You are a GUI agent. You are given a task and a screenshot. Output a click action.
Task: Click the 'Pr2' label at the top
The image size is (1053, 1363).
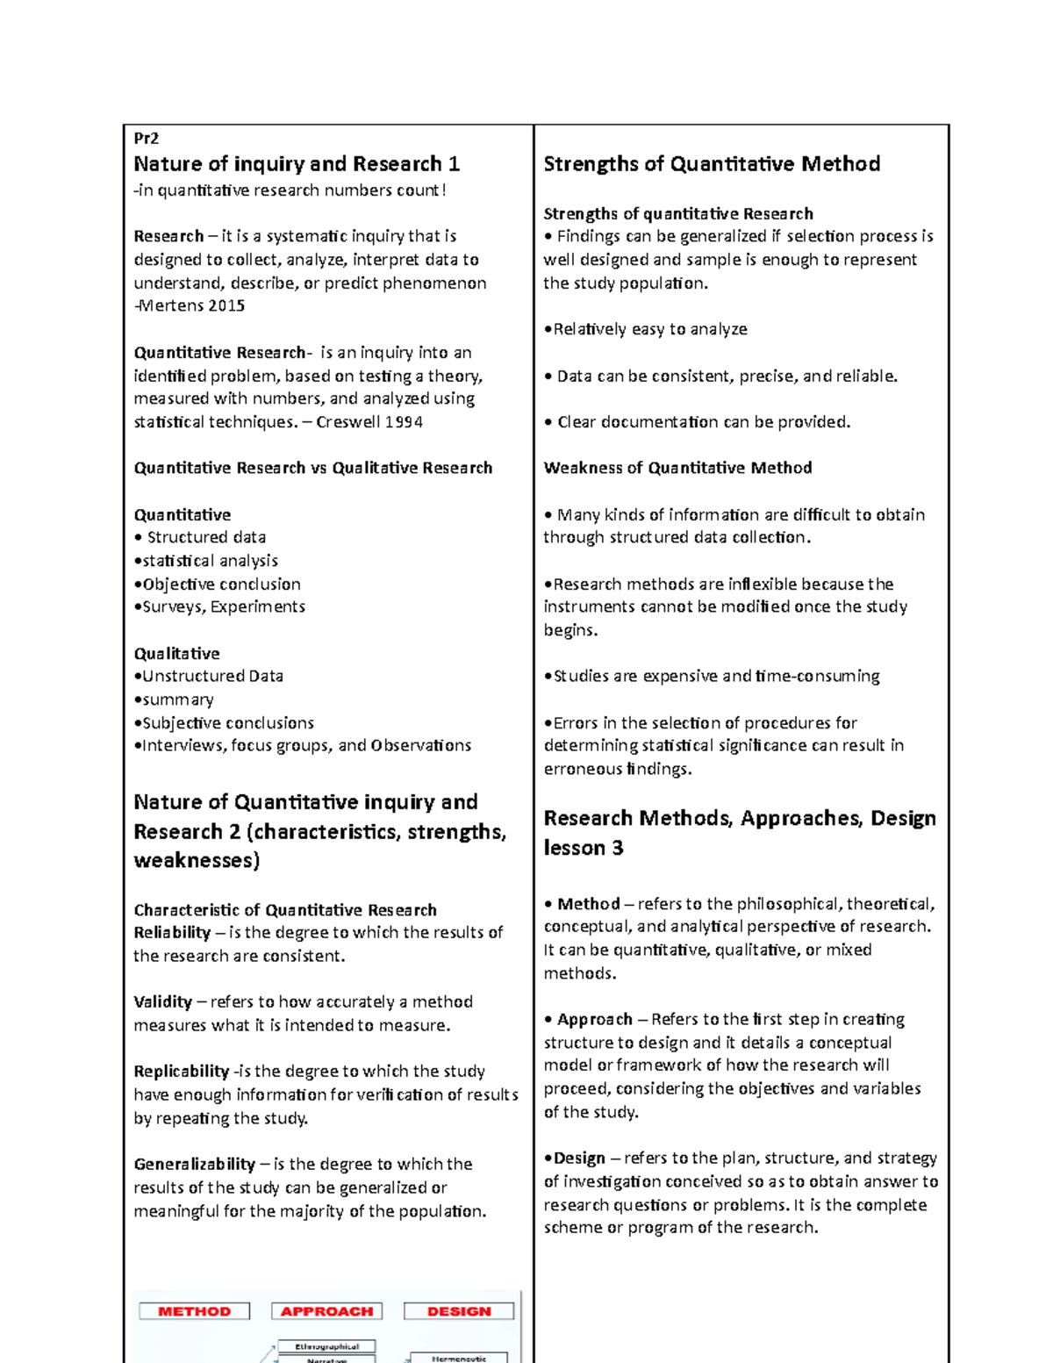(146, 138)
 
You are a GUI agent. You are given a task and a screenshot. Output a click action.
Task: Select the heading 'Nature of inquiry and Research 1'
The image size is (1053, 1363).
(296, 164)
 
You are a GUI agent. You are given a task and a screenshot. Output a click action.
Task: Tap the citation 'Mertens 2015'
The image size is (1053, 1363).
(190, 306)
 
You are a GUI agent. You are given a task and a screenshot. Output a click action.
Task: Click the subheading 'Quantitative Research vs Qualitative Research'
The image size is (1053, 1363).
(312, 468)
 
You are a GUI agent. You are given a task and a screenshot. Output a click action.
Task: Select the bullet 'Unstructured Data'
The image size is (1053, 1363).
(211, 676)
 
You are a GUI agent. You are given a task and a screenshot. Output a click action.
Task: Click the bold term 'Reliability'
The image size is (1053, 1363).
(172, 933)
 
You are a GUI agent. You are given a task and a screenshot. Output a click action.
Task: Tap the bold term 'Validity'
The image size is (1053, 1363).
(162, 1002)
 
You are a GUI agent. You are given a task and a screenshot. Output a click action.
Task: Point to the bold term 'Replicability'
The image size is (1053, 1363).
(181, 1072)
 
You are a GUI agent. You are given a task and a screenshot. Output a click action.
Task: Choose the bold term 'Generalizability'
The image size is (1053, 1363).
(194, 1165)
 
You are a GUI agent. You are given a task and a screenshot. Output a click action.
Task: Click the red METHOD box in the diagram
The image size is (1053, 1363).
(194, 1311)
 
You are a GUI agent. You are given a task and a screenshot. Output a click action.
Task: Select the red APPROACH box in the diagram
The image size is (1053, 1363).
(326, 1311)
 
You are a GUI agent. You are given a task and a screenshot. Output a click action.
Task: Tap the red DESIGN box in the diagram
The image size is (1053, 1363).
(459, 1311)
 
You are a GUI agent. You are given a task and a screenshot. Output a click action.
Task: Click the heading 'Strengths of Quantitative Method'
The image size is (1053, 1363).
(712, 164)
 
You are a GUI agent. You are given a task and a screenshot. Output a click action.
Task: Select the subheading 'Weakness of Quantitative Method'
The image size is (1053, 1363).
(677, 468)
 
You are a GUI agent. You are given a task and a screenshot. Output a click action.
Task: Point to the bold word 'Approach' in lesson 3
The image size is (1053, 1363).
(594, 1019)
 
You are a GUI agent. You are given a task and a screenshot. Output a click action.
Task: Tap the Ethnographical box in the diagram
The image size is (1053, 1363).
(326, 1346)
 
